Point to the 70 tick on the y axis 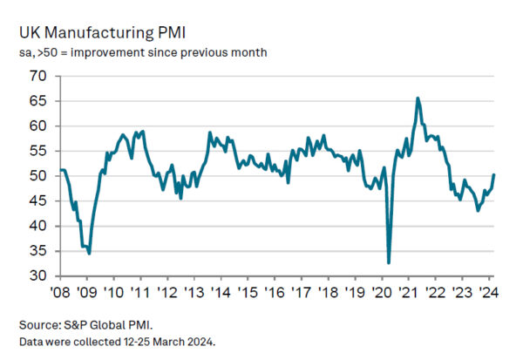[x=36, y=76]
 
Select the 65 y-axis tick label [x=36, y=101]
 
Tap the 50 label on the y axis [x=36, y=176]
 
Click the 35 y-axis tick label [x=36, y=251]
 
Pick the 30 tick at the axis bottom [x=36, y=276]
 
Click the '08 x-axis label [x=60, y=292]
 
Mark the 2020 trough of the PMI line [x=389, y=262]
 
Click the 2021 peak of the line [x=418, y=98]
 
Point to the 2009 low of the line [x=90, y=253]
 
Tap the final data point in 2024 [x=494, y=174]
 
